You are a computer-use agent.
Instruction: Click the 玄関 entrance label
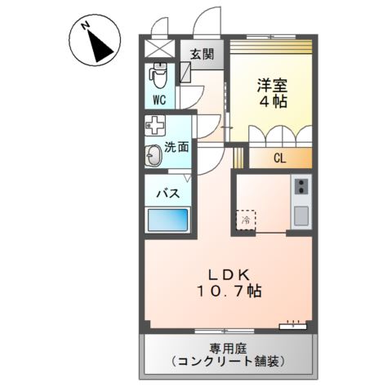click(x=203, y=55)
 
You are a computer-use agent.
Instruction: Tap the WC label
click(x=158, y=100)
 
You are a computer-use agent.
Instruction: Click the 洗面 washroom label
click(x=177, y=147)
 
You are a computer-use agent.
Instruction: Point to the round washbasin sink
click(x=154, y=155)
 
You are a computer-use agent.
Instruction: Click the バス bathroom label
click(x=168, y=194)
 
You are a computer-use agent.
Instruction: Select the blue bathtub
click(x=167, y=220)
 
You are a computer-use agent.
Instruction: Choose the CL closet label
click(x=278, y=158)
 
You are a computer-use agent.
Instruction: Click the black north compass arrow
click(x=101, y=47)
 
